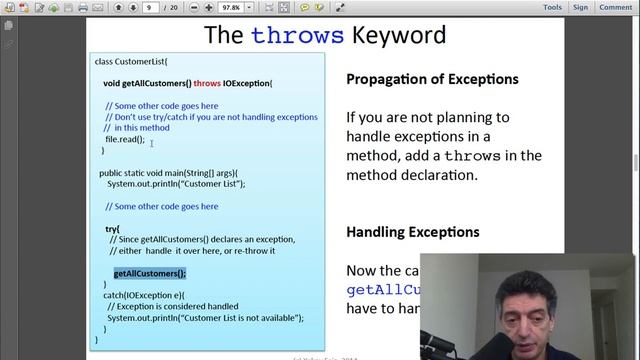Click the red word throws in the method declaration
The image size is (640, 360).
tap(207, 83)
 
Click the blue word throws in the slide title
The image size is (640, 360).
tap(297, 36)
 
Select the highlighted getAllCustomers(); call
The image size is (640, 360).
tap(150, 273)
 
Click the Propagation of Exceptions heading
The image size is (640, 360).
tap(432, 79)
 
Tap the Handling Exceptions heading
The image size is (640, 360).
tap(412, 232)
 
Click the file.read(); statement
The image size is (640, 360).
tap(125, 139)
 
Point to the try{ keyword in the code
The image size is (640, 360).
tap(112, 229)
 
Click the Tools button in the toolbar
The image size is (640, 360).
tap(552, 7)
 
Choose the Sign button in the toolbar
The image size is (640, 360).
tap(581, 7)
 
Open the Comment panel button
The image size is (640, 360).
tap(615, 7)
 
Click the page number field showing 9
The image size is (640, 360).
tap(151, 7)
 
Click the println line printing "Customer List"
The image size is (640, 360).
tap(176, 184)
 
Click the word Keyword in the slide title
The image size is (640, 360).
tap(398, 36)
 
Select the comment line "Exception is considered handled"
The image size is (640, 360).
tap(173, 306)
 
